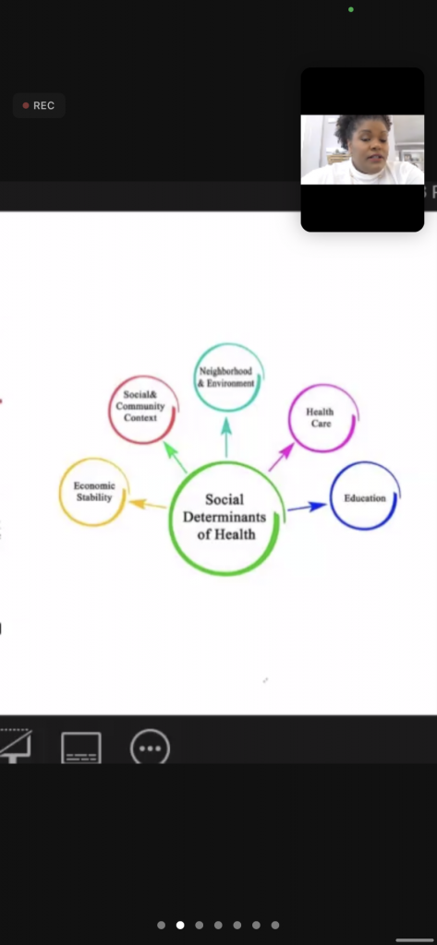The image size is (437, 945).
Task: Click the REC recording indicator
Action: [39, 105]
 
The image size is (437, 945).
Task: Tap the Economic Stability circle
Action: [60, 493]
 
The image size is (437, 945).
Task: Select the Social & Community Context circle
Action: [110, 410]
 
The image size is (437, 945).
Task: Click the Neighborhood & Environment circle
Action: [195, 377]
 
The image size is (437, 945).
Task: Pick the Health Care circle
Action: [290, 418]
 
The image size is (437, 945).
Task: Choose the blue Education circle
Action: [332, 496]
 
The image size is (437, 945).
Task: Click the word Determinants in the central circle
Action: [225, 517]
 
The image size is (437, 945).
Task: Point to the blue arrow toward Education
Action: [307, 508]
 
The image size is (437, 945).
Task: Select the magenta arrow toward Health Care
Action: [281, 458]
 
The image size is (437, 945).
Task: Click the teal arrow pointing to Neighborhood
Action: [226, 437]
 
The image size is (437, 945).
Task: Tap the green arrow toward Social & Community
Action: [175, 458]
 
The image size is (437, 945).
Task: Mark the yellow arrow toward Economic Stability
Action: [148, 504]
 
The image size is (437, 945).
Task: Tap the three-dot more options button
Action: [151, 748]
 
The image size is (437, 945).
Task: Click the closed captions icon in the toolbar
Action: [81, 748]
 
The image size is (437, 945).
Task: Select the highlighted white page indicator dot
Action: [180, 925]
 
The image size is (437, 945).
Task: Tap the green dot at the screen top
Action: [351, 9]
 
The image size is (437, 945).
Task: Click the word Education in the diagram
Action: [365, 498]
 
